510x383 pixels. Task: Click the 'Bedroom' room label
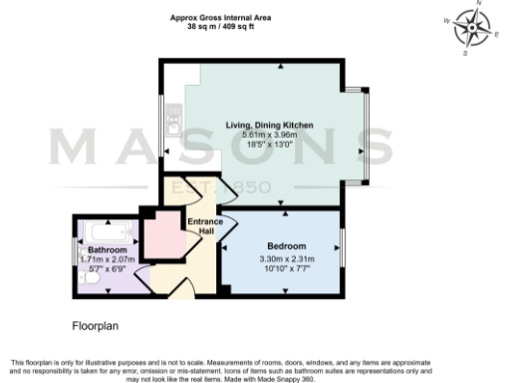[286, 245]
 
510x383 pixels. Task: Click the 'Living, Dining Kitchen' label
[268, 125]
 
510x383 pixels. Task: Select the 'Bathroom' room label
[107, 249]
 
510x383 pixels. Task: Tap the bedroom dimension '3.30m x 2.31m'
[286, 258]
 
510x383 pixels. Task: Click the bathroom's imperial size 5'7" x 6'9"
[107, 268]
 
